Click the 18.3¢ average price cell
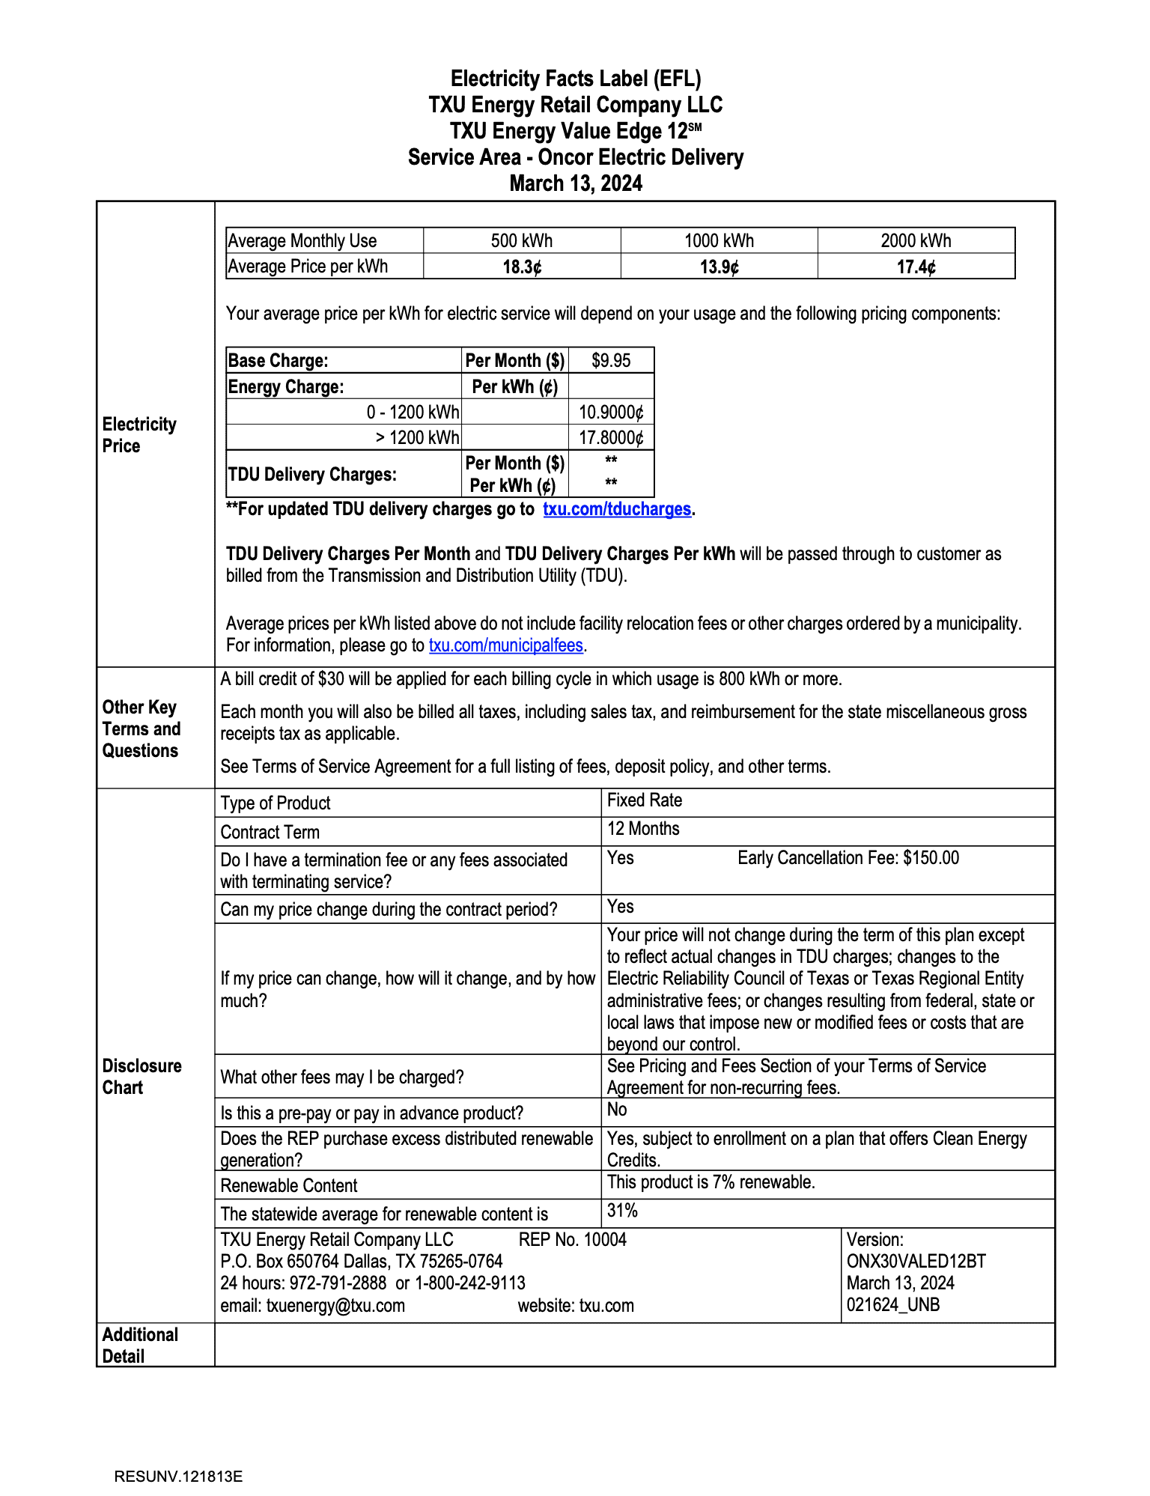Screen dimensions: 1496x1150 coord(522,267)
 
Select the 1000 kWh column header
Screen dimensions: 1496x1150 coord(719,241)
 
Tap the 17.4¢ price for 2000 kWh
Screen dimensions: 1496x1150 coord(916,267)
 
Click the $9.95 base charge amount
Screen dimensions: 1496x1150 coord(611,361)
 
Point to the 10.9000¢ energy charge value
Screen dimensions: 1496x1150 coord(611,412)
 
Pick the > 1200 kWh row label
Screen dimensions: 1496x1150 coord(417,437)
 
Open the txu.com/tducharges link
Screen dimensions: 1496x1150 coord(616,509)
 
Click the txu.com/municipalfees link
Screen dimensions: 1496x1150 coord(505,645)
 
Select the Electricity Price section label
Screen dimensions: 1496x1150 coord(139,435)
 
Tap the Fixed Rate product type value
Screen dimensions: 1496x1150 coord(644,800)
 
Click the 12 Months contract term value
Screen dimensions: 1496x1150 coord(643,829)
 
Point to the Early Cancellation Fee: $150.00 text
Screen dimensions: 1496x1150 coord(848,858)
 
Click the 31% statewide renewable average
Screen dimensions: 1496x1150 coord(622,1211)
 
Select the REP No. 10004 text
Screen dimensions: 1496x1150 coord(572,1240)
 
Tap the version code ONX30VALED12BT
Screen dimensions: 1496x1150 coord(916,1262)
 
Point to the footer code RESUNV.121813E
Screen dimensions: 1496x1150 coord(178,1477)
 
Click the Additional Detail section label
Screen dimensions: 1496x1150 coord(140,1345)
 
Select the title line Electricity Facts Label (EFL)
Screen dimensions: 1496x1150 coord(575,79)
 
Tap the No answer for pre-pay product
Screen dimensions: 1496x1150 coord(617,1110)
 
